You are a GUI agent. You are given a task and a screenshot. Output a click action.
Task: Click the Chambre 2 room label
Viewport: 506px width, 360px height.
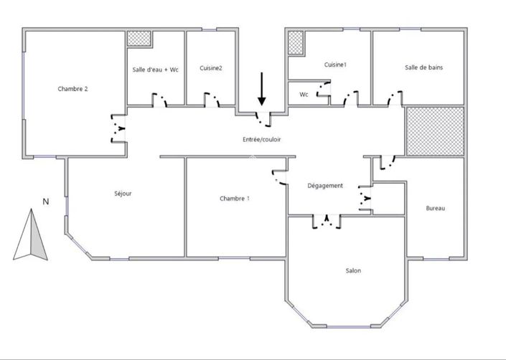click(72, 89)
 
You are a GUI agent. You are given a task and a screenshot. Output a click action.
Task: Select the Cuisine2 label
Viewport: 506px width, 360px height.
click(211, 68)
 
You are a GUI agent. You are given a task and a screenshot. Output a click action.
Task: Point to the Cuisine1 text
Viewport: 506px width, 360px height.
click(335, 65)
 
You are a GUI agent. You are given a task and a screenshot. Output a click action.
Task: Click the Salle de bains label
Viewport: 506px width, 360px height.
click(423, 68)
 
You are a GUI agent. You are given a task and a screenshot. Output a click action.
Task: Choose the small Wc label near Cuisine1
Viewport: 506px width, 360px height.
click(304, 94)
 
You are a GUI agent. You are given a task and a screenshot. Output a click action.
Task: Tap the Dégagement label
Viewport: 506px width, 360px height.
click(324, 186)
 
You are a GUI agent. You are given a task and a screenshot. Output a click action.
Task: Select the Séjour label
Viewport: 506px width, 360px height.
click(123, 194)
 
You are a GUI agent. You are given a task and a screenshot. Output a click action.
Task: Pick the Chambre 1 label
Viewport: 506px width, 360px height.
click(235, 199)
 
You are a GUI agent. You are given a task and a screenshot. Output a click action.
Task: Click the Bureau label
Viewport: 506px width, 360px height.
click(435, 208)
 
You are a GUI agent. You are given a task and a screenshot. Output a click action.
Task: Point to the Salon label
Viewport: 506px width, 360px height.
click(352, 270)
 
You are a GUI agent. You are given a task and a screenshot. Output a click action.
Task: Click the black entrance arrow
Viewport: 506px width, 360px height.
click(262, 89)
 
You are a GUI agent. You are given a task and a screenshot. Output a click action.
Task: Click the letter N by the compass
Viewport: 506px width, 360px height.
click(45, 202)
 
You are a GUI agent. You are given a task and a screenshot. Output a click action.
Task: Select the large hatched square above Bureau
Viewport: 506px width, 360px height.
click(435, 131)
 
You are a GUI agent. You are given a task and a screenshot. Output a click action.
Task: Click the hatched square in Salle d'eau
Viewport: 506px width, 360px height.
click(139, 39)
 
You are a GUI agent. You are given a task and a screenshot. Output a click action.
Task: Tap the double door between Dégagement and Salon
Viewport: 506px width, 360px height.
click(327, 221)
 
